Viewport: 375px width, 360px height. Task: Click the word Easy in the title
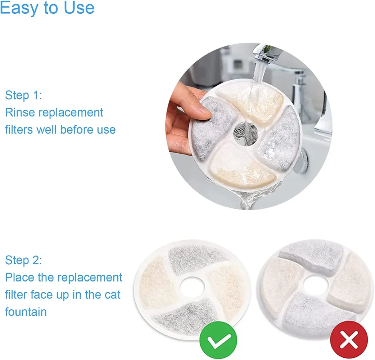click(x=18, y=8)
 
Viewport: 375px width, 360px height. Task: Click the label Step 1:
click(x=23, y=95)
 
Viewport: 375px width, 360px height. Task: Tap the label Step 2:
click(x=23, y=260)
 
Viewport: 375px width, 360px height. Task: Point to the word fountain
click(x=26, y=311)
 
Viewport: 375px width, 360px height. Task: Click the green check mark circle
click(x=218, y=341)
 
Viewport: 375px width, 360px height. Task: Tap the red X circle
click(x=349, y=341)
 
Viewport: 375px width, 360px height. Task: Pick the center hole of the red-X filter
click(x=315, y=286)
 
